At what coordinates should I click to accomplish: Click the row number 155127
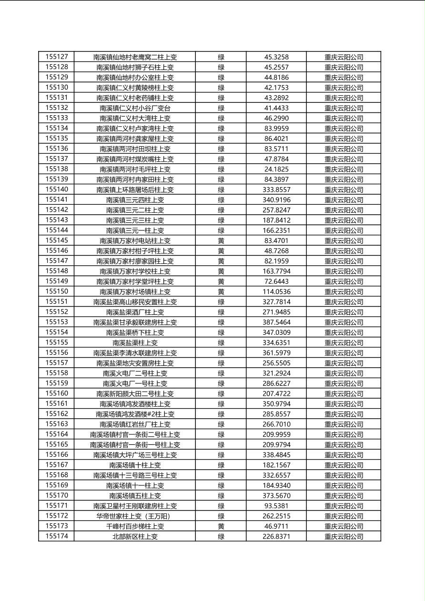(x=57, y=57)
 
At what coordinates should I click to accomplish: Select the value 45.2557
(x=276, y=67)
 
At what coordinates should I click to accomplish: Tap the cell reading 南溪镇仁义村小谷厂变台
(x=135, y=108)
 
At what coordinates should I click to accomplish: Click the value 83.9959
(x=276, y=129)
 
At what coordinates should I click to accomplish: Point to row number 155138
(x=57, y=169)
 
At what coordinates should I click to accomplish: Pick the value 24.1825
(x=276, y=169)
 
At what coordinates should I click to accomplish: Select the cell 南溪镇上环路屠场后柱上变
(x=135, y=190)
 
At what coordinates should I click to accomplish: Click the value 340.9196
(x=276, y=200)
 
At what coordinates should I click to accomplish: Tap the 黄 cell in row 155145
(x=221, y=240)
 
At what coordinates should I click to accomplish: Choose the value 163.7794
(x=276, y=271)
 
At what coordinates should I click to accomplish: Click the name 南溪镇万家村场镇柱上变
(x=135, y=291)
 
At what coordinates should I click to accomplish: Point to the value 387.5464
(x=276, y=322)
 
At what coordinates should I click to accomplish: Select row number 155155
(x=57, y=342)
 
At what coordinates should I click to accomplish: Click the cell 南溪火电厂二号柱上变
(x=135, y=373)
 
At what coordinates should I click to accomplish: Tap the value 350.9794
(x=276, y=404)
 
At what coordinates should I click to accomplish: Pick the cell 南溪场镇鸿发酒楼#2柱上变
(x=135, y=414)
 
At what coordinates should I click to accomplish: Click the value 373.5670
(x=276, y=496)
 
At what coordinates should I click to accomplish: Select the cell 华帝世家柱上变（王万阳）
(x=135, y=516)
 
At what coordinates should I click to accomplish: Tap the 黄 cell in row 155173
(x=221, y=526)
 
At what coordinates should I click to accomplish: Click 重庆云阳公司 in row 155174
(x=344, y=537)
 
